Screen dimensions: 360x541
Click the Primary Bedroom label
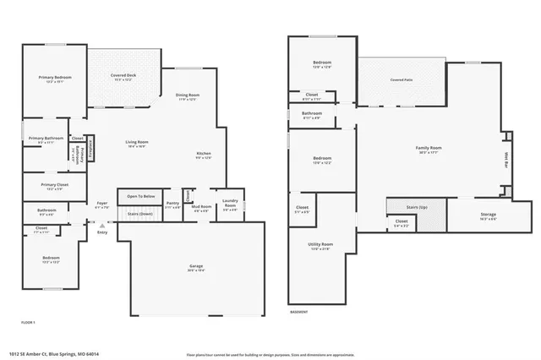coord(51,77)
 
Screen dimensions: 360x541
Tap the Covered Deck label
coord(123,75)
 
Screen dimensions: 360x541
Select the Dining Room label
coord(188,95)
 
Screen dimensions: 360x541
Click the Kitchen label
coord(203,152)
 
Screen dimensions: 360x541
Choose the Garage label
coord(196,266)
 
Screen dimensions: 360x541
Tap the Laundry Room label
coord(230,204)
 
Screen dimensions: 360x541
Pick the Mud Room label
coord(201,205)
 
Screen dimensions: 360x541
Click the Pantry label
coord(172,203)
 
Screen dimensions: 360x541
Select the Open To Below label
coord(141,195)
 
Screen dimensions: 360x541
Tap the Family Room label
coord(429,148)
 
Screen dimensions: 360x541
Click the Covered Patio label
coord(401,79)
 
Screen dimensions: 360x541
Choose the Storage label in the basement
coord(489,215)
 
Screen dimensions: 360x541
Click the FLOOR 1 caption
coord(28,322)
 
